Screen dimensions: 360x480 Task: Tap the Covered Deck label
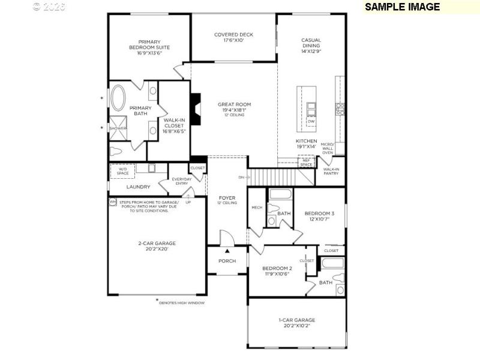pyautogui.click(x=234, y=38)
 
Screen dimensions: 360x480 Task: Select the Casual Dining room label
pyautogui.click(x=311, y=46)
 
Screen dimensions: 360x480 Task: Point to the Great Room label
pyautogui.click(x=234, y=109)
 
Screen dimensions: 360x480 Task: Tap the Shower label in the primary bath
pyautogui.click(x=118, y=128)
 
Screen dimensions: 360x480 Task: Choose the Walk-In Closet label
pyautogui.click(x=174, y=126)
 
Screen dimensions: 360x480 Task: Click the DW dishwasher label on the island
pyautogui.click(x=311, y=122)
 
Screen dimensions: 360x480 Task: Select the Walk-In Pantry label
pyautogui.click(x=331, y=172)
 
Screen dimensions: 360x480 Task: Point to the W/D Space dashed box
pyautogui.click(x=122, y=172)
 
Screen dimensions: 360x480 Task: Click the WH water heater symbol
pyautogui.click(x=112, y=202)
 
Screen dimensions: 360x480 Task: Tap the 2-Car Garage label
pyautogui.click(x=156, y=246)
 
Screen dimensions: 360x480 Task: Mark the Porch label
pyautogui.click(x=227, y=261)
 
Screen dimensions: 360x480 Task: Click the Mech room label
pyautogui.click(x=257, y=208)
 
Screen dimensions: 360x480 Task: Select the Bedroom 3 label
pyautogui.click(x=319, y=216)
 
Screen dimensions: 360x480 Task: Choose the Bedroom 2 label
pyautogui.click(x=277, y=271)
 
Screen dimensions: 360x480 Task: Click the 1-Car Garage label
pyautogui.click(x=296, y=323)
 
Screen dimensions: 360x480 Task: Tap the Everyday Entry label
pyautogui.click(x=181, y=181)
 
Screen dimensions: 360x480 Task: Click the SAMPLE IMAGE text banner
pyautogui.click(x=402, y=7)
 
